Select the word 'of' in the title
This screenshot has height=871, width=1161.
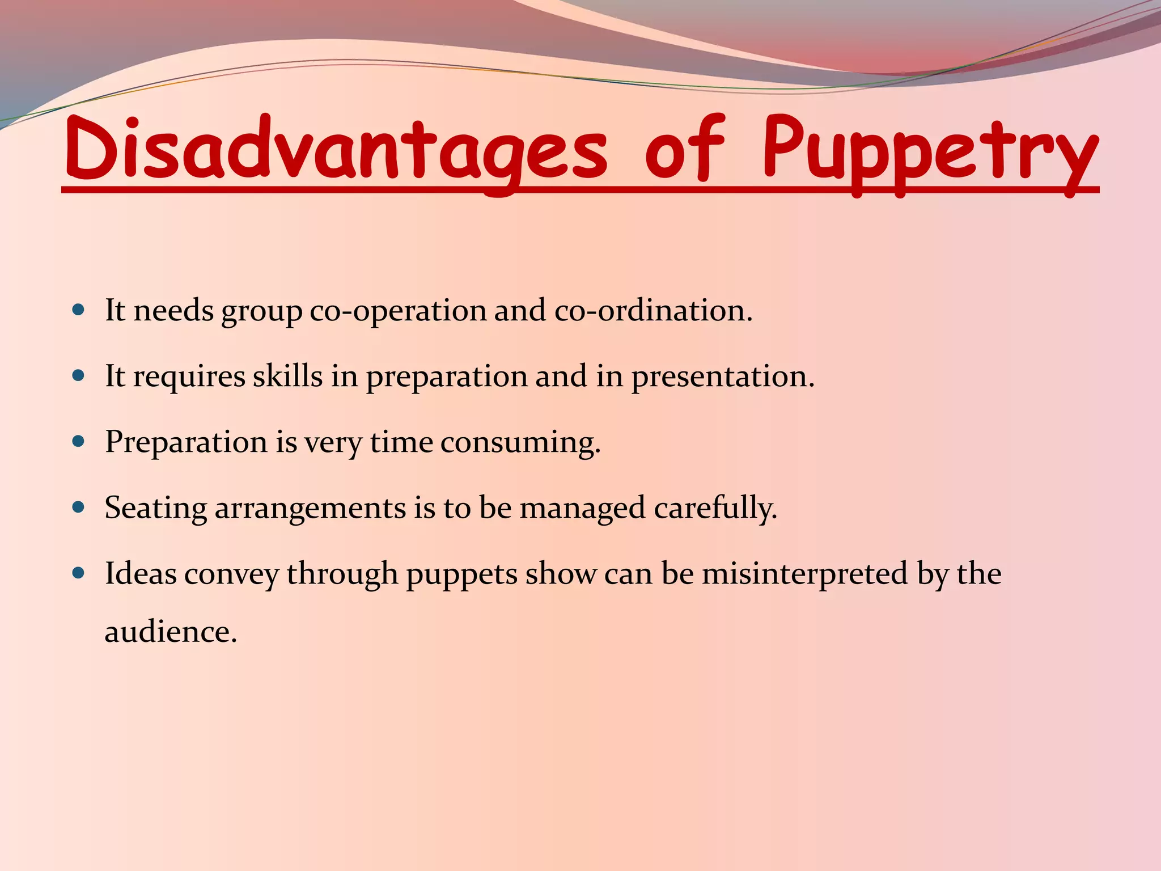click(684, 149)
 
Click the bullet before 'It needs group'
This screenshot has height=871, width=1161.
click(79, 310)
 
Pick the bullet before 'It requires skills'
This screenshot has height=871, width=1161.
click(79, 375)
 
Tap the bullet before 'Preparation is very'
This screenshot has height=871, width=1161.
click(79, 441)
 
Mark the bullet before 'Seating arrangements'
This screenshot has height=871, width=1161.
click(79, 507)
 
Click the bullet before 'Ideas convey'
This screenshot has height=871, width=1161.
click(79, 573)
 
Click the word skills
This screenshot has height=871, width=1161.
click(287, 376)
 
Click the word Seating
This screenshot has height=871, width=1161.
click(155, 509)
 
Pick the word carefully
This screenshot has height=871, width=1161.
click(715, 509)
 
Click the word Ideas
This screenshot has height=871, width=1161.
click(141, 573)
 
